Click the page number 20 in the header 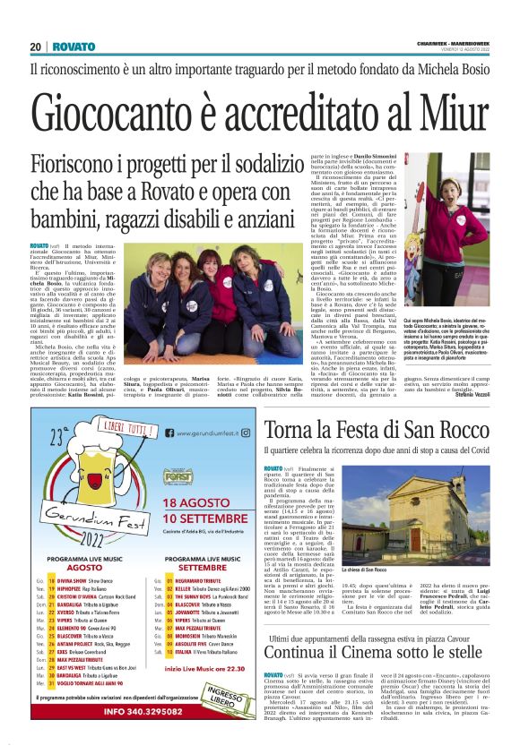click(x=36, y=47)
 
